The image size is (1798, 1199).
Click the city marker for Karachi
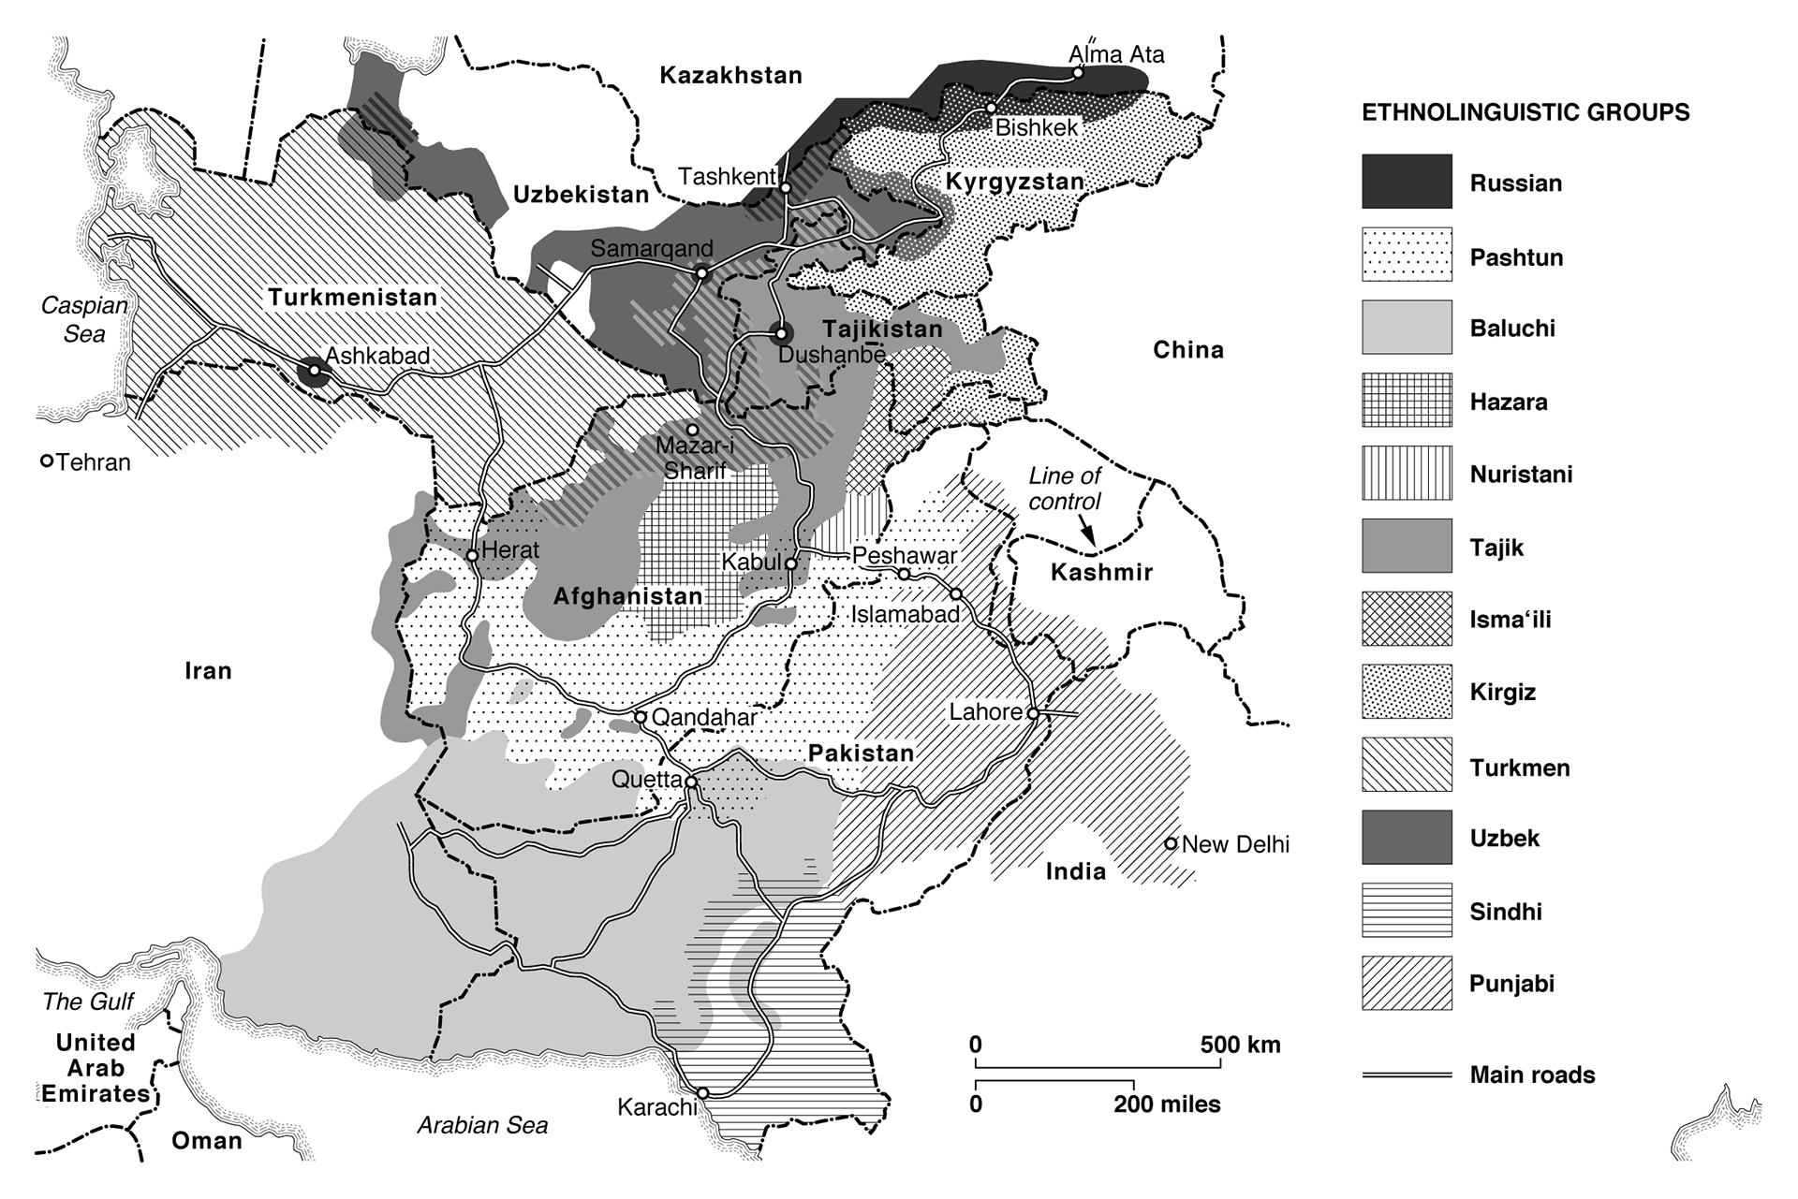coord(702,1092)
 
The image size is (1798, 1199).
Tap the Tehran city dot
coord(46,461)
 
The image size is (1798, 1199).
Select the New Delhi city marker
coord(1171,843)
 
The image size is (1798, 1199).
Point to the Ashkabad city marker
coord(315,371)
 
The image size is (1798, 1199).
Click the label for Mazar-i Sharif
coord(694,458)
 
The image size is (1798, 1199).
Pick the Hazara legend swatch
coord(1407,401)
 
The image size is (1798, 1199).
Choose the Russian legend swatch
coord(1407,182)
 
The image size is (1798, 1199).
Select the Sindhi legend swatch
coord(1407,911)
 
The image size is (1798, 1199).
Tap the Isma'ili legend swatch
coord(1407,619)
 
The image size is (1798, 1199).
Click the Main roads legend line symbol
coord(1407,1075)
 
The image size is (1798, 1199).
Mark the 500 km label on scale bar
coord(1240,1045)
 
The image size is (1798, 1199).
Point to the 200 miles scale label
coord(1167,1104)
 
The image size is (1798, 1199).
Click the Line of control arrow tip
coord(1093,544)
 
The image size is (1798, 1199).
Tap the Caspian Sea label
coord(84,319)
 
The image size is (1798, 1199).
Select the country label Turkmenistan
coord(353,298)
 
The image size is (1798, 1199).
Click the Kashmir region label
coord(1101,572)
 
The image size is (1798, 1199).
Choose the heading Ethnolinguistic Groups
coord(1525,113)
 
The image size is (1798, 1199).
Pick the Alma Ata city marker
coord(1078,72)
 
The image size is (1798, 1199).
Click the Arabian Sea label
coord(482,1125)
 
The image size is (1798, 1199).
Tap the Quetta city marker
coord(691,782)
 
